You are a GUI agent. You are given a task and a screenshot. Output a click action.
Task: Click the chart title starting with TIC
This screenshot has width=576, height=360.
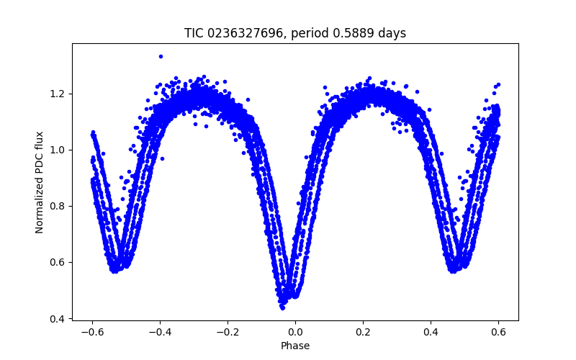point(295,33)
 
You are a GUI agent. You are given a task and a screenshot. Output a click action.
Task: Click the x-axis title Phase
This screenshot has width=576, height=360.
point(295,346)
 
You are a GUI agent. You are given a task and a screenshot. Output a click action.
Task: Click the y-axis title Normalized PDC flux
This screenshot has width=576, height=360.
point(40,182)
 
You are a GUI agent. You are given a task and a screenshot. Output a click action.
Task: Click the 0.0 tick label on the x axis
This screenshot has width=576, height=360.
point(295,333)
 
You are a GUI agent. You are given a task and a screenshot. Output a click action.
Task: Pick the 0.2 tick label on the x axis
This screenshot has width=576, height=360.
point(363,333)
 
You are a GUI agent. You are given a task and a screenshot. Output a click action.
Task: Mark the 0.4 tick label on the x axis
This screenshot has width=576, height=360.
point(431,333)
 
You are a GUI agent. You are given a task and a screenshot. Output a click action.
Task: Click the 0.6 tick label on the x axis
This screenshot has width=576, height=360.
point(498,333)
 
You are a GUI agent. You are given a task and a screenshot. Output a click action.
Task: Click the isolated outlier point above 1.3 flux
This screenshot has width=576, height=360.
point(161,56)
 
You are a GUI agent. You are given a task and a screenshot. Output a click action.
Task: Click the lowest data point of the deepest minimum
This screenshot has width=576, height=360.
point(282,307)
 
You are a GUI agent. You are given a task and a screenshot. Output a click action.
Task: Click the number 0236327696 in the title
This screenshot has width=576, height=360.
point(241,33)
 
